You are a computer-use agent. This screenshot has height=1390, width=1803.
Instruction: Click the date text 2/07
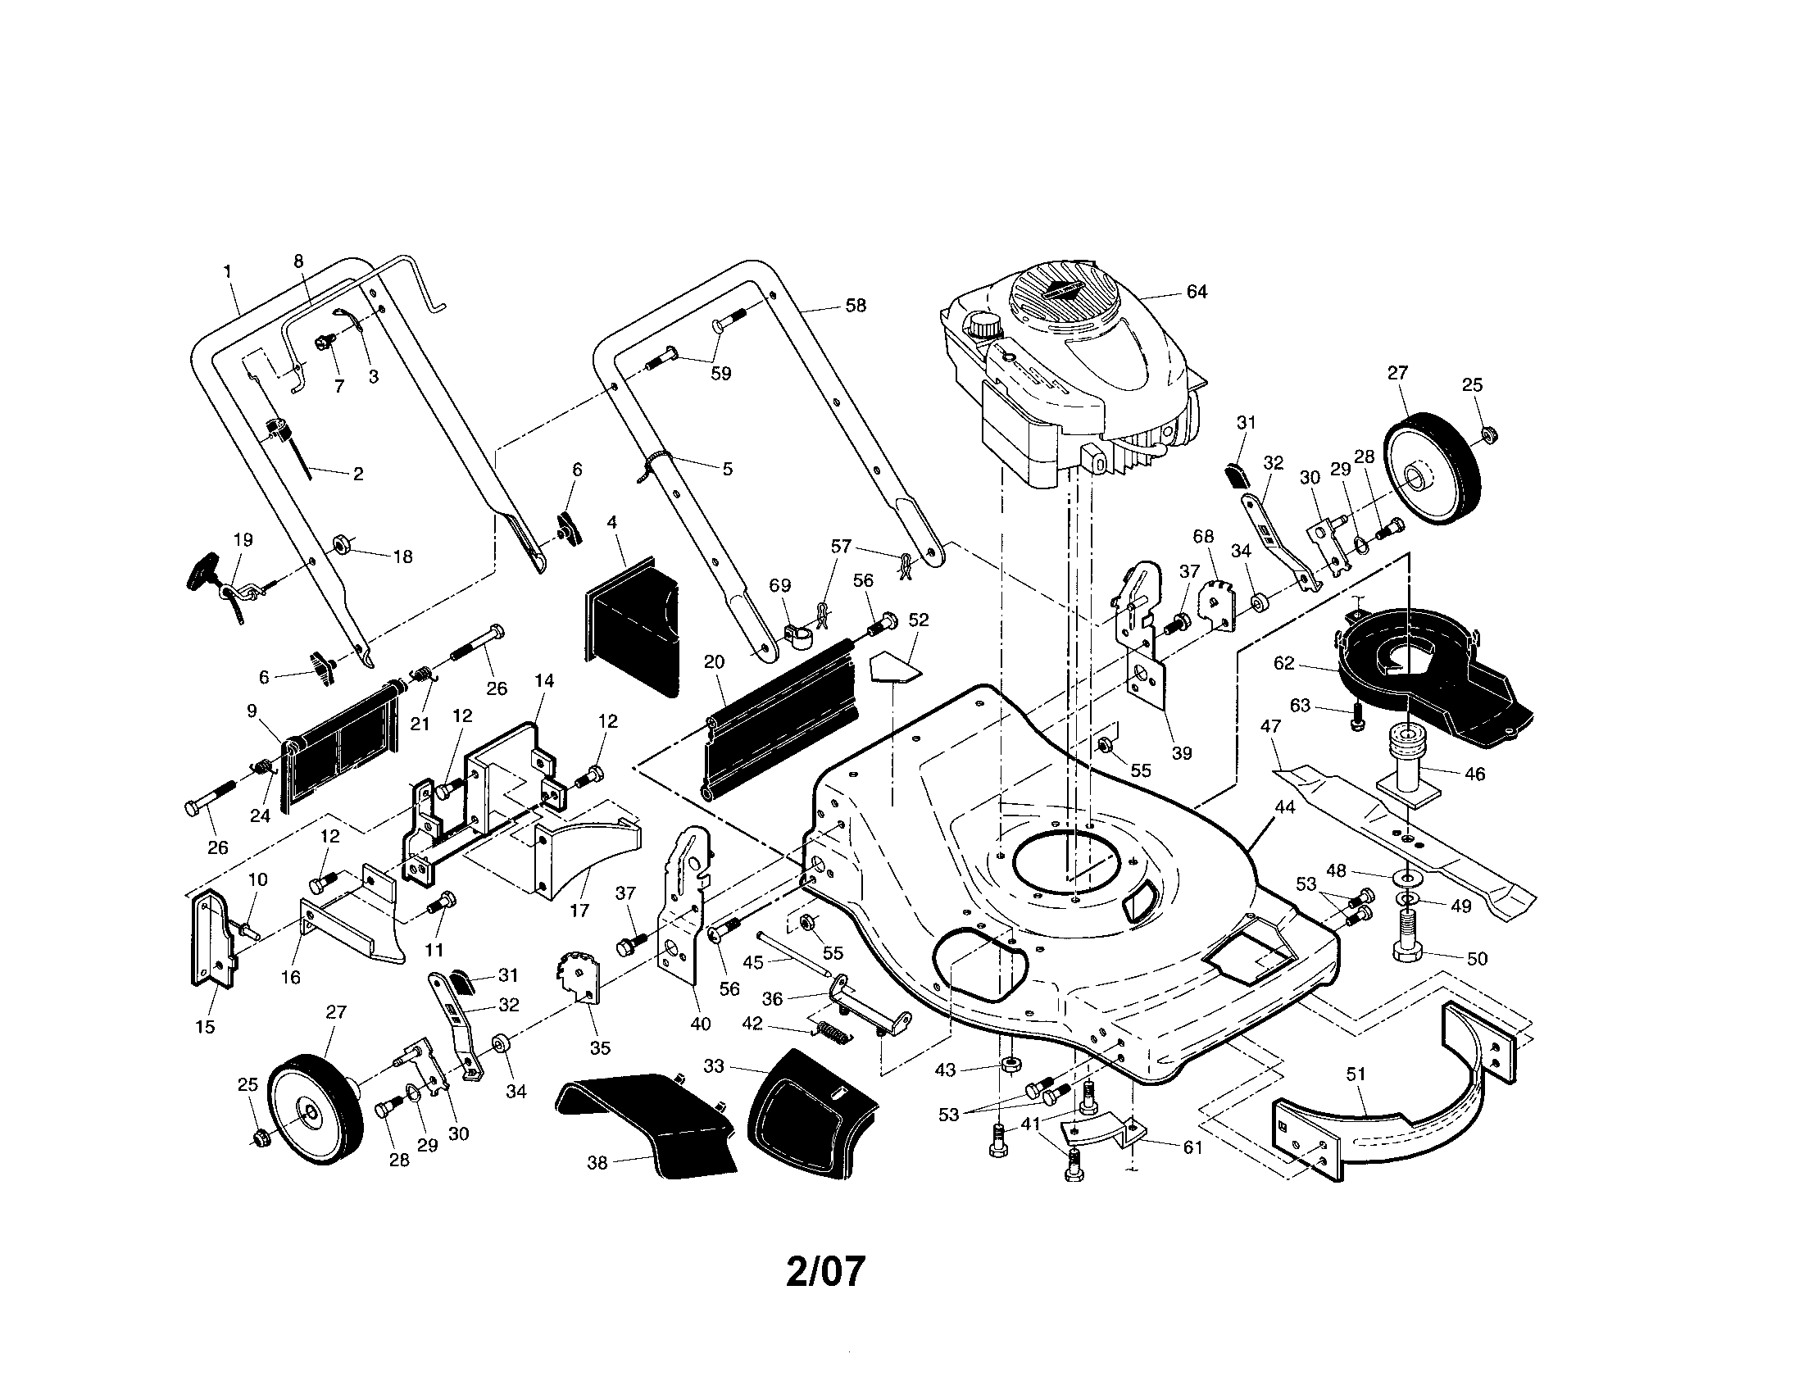[x=824, y=1272]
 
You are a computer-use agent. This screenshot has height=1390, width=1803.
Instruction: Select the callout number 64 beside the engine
[x=1197, y=292]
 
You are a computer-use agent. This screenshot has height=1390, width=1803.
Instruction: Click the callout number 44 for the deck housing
[x=1284, y=806]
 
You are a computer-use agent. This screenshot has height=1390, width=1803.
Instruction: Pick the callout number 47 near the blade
[x=1270, y=726]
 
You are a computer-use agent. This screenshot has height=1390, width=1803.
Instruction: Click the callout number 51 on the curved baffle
[x=1356, y=1074]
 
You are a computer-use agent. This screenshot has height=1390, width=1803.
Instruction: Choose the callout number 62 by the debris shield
[x=1284, y=663]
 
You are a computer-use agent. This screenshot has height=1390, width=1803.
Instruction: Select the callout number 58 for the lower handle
[x=856, y=306]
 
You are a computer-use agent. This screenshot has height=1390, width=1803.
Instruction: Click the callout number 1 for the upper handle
[x=227, y=270]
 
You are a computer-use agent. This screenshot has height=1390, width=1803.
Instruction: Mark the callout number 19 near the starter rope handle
[x=243, y=540]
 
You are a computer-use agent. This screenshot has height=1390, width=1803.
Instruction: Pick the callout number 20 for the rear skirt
[x=714, y=661]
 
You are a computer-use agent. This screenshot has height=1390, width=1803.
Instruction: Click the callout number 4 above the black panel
[x=611, y=523]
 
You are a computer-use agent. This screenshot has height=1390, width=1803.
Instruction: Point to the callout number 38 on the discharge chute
[x=597, y=1163]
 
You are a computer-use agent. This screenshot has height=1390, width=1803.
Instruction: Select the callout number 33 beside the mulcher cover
[x=714, y=1065]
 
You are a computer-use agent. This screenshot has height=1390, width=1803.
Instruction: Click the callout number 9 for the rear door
[x=252, y=711]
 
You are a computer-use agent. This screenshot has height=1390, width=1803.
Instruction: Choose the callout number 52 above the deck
[x=918, y=619]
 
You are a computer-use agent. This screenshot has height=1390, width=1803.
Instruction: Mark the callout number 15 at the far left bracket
[x=205, y=1027]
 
